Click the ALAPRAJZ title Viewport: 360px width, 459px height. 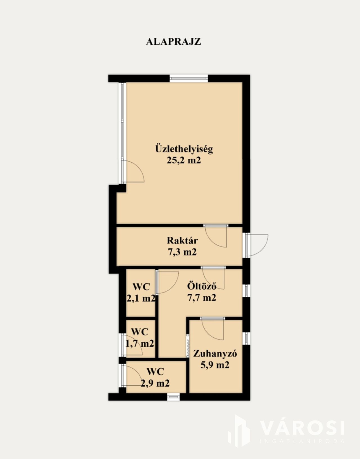point(173,42)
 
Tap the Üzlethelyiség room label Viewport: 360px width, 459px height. point(184,149)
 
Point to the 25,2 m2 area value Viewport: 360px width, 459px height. point(184,160)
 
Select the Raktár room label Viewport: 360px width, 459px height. point(182,241)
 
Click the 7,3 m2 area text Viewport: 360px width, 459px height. point(182,252)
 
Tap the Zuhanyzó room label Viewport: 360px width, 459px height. point(215,353)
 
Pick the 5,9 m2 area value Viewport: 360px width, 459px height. point(215,365)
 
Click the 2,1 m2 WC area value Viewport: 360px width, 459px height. point(141,299)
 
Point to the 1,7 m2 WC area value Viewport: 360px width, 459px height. point(140,344)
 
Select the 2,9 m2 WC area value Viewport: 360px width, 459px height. point(155,383)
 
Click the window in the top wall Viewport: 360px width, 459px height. point(189,78)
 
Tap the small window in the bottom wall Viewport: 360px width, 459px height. point(174,397)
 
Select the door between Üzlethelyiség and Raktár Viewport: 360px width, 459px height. point(216,236)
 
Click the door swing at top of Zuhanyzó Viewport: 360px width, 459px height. point(212,328)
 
